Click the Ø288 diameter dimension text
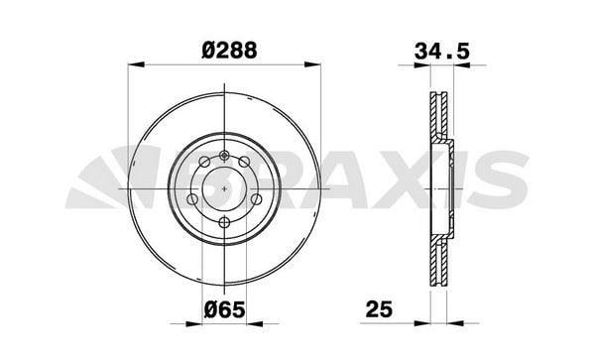225,50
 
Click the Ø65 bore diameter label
225,310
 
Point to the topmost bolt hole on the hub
225,154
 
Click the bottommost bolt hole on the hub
225,222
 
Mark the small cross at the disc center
225,187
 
